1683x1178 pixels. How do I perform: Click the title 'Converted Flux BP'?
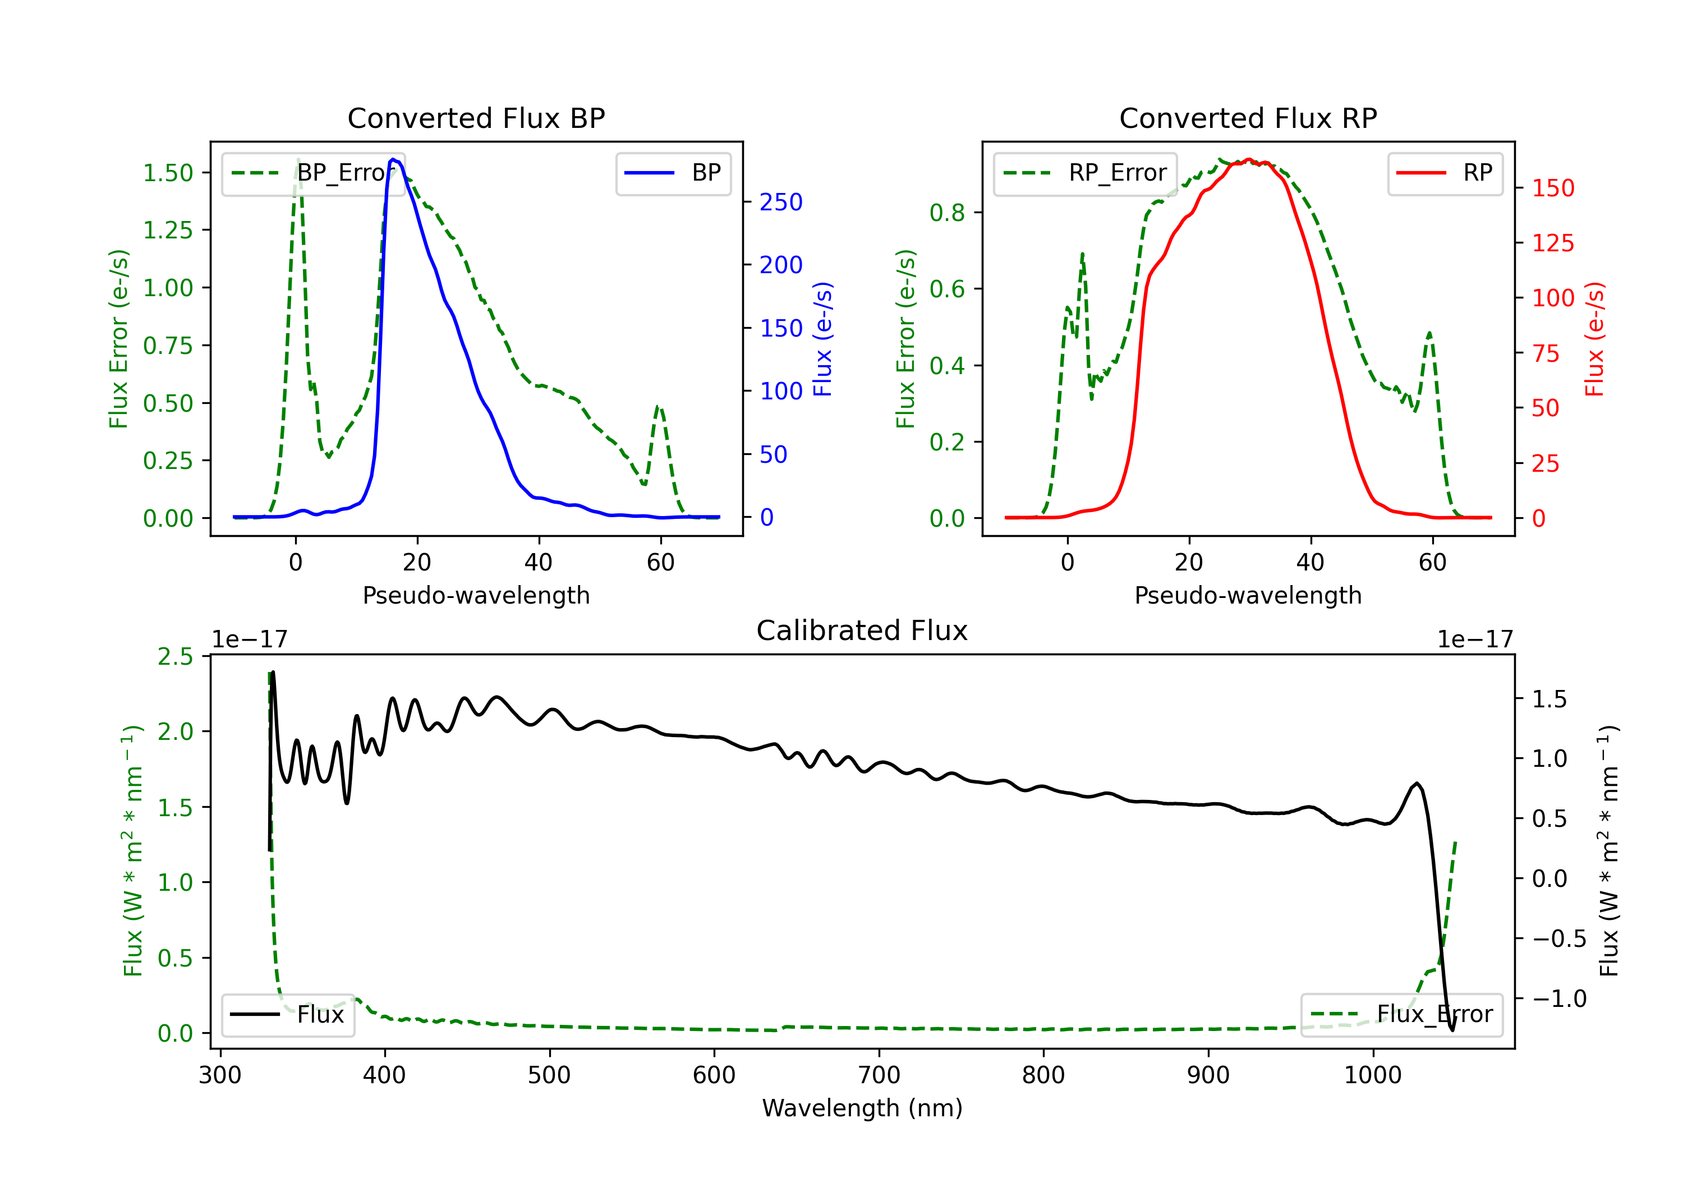pos(476,118)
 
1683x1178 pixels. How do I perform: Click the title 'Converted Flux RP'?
pos(1248,118)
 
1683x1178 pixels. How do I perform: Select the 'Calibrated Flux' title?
pos(862,631)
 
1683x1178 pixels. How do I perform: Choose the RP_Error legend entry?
pos(1085,173)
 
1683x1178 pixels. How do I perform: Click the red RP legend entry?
pos(1445,173)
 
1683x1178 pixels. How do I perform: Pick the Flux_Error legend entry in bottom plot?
pos(1401,1015)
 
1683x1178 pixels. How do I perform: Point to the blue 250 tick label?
pos(781,203)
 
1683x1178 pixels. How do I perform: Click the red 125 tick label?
pos(1552,243)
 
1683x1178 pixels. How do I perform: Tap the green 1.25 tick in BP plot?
pos(168,230)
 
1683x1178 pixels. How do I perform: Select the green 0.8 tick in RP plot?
pos(947,213)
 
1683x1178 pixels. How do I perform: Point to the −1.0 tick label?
pos(1559,998)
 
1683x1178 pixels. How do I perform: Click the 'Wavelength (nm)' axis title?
pos(862,1108)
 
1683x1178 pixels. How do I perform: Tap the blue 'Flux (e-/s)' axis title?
pos(822,339)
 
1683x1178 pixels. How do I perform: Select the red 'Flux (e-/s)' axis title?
pos(1594,339)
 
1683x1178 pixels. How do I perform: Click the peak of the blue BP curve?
pos(393,159)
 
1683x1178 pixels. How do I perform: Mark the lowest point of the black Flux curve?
pos(1452,1030)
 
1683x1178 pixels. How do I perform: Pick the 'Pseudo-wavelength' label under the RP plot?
pos(1248,595)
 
